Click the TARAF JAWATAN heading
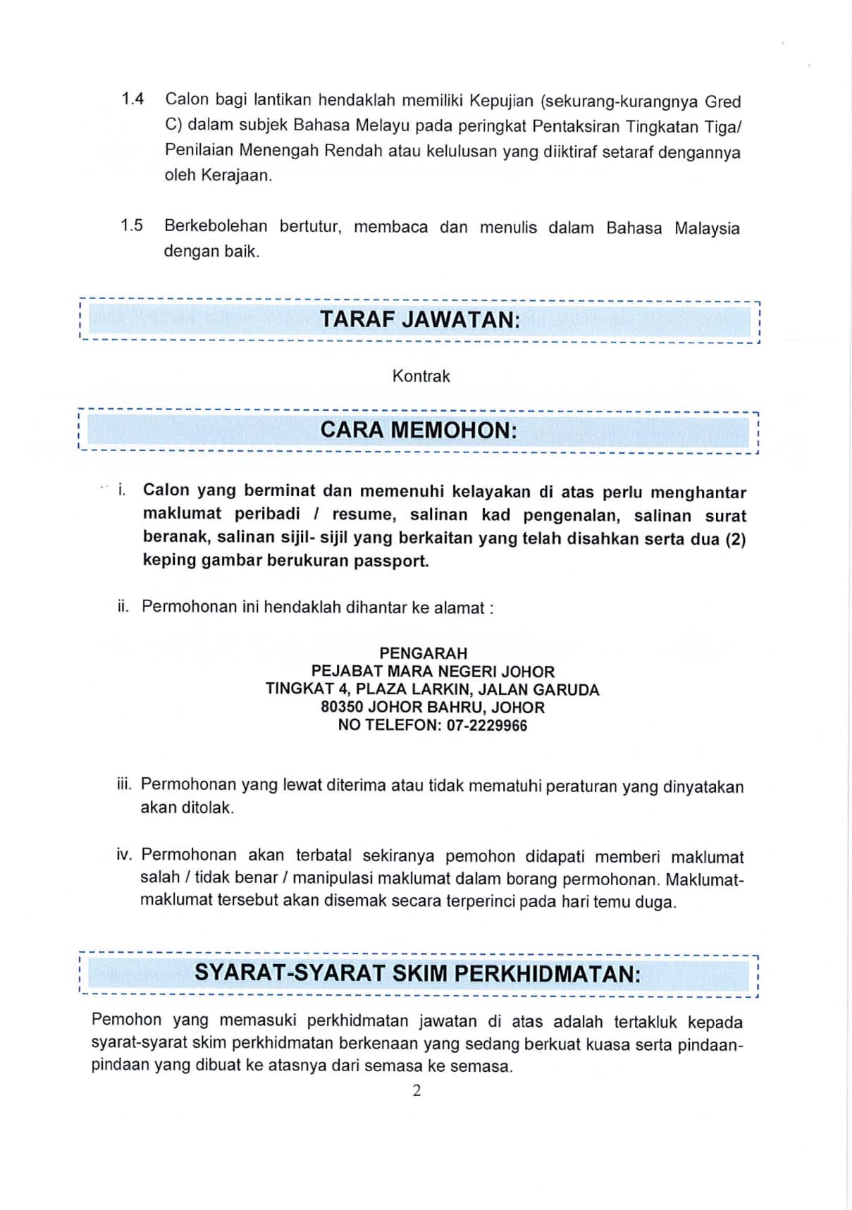coord(420,320)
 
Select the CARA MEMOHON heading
coord(419,430)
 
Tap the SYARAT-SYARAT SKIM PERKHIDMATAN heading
coord(417,974)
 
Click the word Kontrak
coord(421,376)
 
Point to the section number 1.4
coord(132,99)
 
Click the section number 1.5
coord(131,226)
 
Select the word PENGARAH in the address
coord(423,653)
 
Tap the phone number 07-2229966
coord(486,726)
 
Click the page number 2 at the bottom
coord(416,1091)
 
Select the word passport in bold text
coord(396,562)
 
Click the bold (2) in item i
coord(735,539)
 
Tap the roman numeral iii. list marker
coord(124,785)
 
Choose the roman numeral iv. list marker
coord(124,855)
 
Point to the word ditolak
coord(208,808)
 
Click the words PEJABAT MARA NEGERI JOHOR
coord(433,672)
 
